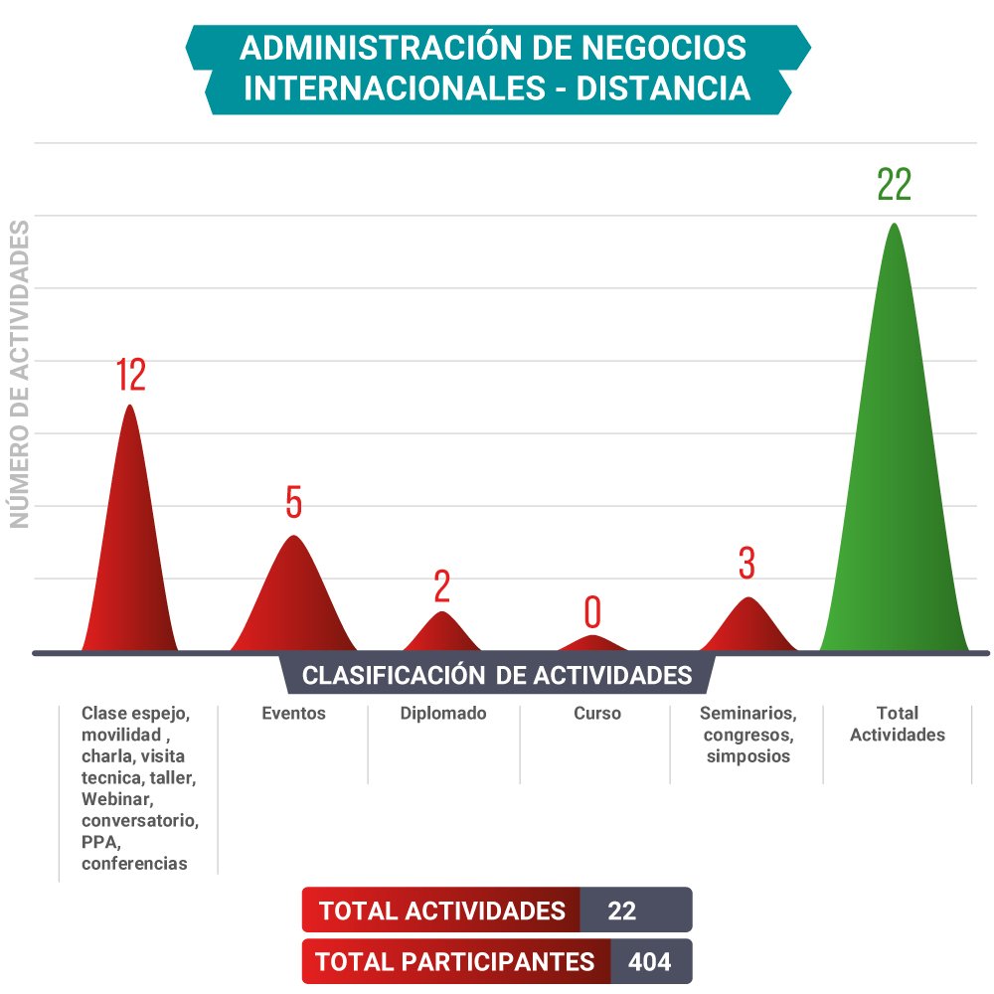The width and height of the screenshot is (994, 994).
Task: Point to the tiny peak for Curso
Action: (592, 644)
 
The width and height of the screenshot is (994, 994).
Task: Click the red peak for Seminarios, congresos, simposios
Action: (748, 628)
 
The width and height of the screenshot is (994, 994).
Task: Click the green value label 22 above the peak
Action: (894, 185)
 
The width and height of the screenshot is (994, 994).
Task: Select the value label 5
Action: (293, 503)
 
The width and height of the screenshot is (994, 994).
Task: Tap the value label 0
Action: (592, 613)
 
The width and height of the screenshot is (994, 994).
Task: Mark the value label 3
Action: (747, 564)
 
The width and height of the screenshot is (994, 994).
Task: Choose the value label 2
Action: (442, 587)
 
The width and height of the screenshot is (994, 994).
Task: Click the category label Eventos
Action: (293, 713)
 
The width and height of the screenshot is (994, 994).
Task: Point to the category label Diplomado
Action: (443, 713)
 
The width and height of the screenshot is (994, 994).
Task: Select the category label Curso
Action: (596, 713)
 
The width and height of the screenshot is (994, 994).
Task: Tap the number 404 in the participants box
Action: (649, 962)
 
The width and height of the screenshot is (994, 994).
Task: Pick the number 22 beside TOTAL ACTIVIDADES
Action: (621, 911)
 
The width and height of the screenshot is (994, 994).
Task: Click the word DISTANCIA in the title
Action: (663, 87)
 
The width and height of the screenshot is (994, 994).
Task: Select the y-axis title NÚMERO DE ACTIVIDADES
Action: (20, 375)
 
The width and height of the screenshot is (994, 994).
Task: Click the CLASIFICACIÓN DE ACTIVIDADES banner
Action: (497, 675)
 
